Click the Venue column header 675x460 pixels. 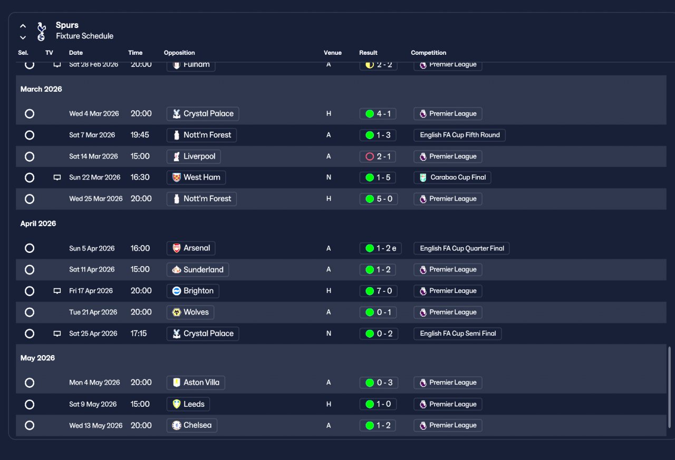click(332, 53)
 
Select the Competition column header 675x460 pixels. click(428, 53)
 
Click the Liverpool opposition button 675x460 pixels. click(194, 156)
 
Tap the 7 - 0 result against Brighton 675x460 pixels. click(378, 291)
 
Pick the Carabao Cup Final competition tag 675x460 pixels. click(452, 178)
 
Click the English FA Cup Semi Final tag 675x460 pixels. click(457, 334)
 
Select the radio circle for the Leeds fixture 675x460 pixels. click(30, 404)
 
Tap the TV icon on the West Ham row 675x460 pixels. click(57, 178)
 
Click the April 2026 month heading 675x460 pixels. click(38, 223)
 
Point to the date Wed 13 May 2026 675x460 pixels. click(95, 426)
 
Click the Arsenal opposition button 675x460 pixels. click(191, 248)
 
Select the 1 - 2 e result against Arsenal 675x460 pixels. click(380, 248)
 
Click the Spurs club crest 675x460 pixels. click(41, 31)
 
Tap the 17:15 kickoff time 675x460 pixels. click(139, 334)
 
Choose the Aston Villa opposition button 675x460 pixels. click(196, 383)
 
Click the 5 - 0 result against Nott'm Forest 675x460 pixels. click(378, 199)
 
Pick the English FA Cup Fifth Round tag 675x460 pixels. click(459, 135)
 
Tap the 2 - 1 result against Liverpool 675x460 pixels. click(378, 156)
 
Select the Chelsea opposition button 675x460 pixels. click(191, 426)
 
